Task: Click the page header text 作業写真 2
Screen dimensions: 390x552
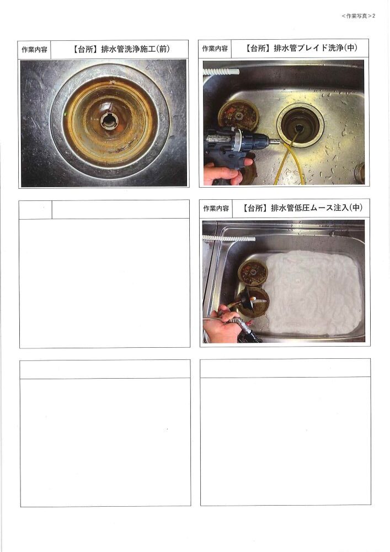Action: [x=359, y=16]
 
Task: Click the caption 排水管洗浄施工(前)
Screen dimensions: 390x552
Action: [x=135, y=49]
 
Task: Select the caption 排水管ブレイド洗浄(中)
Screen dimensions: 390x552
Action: [x=316, y=48]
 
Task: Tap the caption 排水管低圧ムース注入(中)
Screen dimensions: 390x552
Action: [x=317, y=208]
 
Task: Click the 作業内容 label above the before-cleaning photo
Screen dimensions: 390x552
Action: [x=34, y=50]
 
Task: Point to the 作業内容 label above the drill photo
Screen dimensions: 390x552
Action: [x=215, y=49]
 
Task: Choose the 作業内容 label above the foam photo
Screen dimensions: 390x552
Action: [x=216, y=209]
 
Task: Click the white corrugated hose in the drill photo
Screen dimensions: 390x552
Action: [x=221, y=71]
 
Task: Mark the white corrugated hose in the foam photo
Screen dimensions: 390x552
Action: [x=228, y=238]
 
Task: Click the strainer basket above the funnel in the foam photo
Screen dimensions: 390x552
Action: [x=253, y=272]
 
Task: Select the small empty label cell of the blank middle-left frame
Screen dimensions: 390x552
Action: [x=35, y=210]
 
